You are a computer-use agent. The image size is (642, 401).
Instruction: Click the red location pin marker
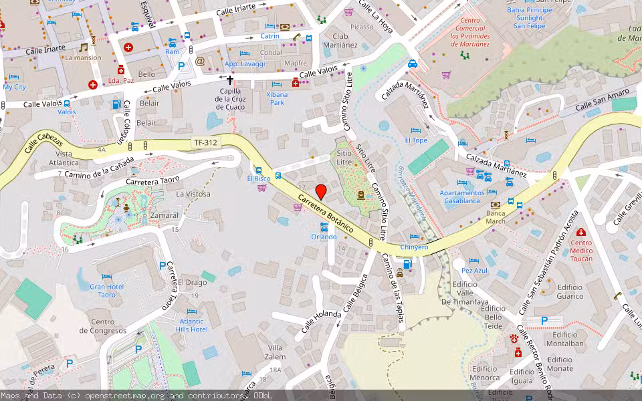[x=321, y=191]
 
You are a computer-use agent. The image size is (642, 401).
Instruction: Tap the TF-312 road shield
[x=205, y=142]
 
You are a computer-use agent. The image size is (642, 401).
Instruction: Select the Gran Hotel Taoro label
[x=107, y=291]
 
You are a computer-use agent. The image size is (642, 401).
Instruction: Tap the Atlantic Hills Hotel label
[x=191, y=325]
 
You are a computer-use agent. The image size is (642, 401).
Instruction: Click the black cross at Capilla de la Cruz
[x=229, y=80]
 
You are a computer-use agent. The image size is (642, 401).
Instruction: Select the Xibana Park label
[x=277, y=99]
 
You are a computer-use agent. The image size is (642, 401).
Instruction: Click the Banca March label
[x=496, y=217]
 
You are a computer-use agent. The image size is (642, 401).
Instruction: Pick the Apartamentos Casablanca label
[x=459, y=196]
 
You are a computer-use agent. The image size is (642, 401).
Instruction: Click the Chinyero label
[x=414, y=247]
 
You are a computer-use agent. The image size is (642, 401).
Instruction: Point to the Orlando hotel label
[x=324, y=237]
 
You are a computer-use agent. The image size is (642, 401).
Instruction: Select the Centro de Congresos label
[x=102, y=326]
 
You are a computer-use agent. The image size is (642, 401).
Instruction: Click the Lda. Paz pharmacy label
[x=120, y=80]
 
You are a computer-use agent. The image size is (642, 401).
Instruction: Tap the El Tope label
[x=416, y=140]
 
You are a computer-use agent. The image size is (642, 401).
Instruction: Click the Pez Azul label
[x=475, y=271]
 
